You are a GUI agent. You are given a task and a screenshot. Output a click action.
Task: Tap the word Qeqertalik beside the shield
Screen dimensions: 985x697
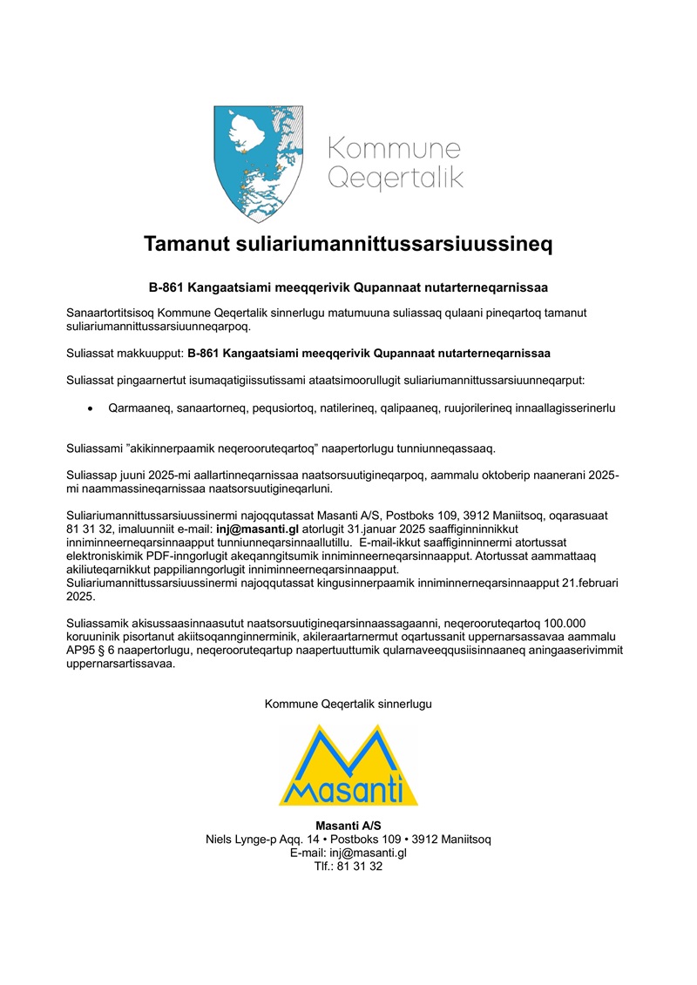(394, 179)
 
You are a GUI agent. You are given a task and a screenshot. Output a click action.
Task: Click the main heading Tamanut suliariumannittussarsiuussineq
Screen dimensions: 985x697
(348, 244)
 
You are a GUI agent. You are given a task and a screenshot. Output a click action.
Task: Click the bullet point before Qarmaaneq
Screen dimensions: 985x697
(90, 408)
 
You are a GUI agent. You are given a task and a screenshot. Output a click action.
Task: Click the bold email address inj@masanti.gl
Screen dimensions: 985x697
(258, 528)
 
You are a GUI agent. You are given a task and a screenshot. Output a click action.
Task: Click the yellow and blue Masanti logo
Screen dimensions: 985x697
(348, 765)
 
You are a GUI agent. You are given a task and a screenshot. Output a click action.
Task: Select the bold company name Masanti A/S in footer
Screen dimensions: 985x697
(348, 826)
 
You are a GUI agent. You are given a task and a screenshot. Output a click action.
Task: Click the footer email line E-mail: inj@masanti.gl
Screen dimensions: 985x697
(348, 853)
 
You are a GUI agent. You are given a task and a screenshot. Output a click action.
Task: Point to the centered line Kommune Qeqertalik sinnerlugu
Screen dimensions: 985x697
(348, 703)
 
